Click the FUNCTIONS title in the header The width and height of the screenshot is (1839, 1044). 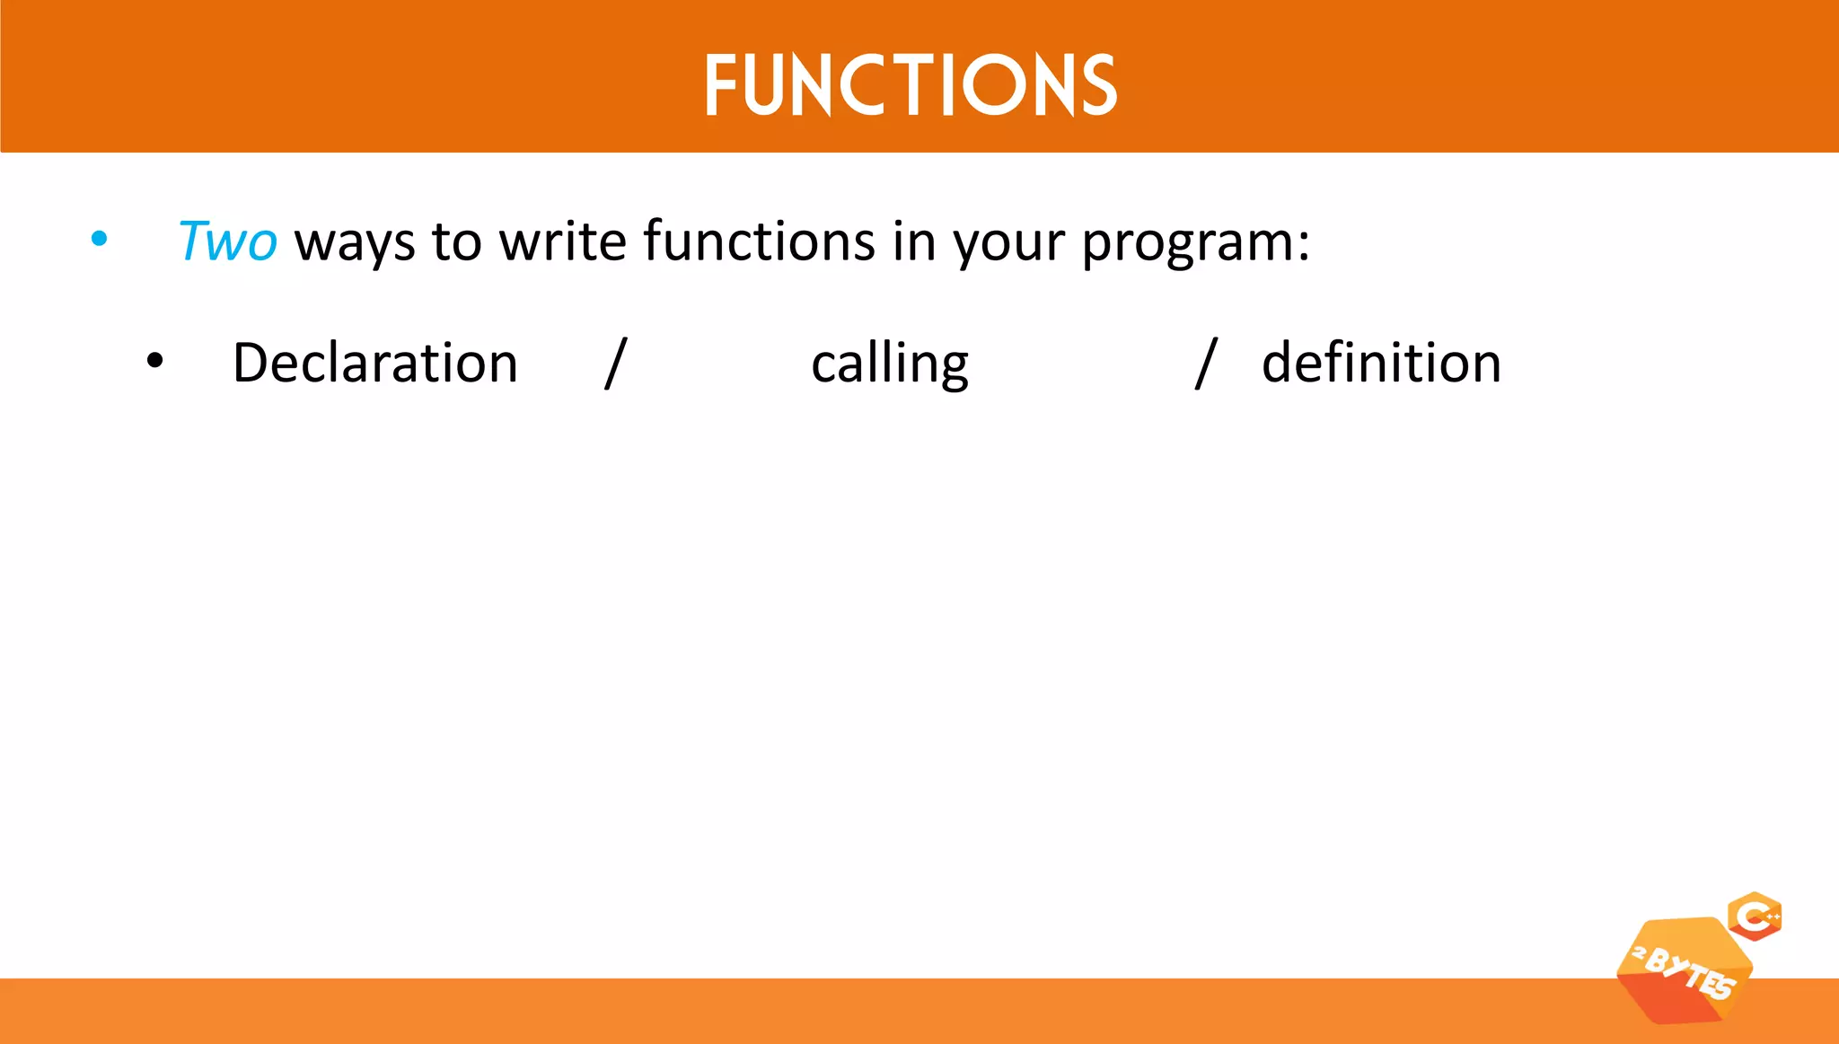pos(910,85)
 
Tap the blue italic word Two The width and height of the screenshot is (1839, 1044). pos(227,241)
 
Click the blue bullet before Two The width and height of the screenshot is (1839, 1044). pos(100,240)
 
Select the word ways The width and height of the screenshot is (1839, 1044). pos(355,243)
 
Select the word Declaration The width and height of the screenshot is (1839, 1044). pos(375,364)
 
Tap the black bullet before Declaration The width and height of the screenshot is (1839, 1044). pos(155,361)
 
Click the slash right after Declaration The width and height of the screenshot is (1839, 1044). pos(616,364)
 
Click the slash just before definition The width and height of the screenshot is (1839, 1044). pos(1206,364)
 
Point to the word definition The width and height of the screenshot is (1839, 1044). pos(1381,364)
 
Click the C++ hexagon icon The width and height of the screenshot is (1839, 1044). pos(1755,917)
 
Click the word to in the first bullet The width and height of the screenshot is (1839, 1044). pos(456,242)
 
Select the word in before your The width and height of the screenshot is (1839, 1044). pos(914,241)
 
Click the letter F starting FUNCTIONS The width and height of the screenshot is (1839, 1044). pos(721,86)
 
